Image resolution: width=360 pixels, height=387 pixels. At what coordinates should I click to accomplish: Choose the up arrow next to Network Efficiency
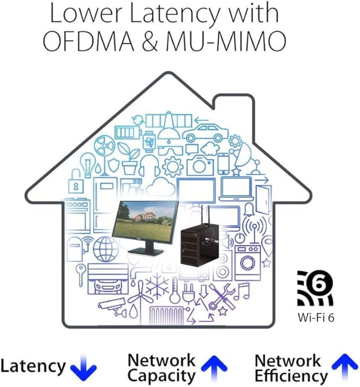345,367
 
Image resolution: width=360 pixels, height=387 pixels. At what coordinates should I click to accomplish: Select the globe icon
105,249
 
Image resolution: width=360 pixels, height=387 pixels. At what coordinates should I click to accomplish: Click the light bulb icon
88,165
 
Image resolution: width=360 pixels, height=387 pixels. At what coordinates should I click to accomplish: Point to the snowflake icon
158,288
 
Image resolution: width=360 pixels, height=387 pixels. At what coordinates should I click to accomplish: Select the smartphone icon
223,164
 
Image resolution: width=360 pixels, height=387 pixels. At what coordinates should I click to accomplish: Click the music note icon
242,291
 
